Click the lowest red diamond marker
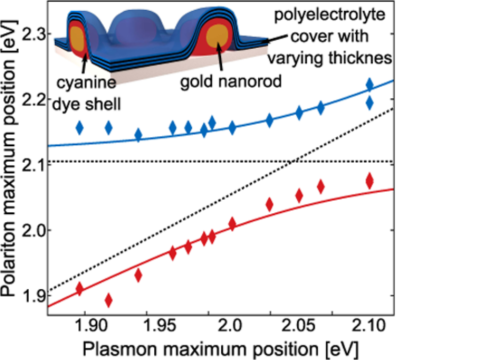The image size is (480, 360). (109, 300)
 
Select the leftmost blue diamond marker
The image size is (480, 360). (79, 127)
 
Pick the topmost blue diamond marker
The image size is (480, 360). (369, 85)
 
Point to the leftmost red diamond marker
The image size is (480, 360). (79, 288)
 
